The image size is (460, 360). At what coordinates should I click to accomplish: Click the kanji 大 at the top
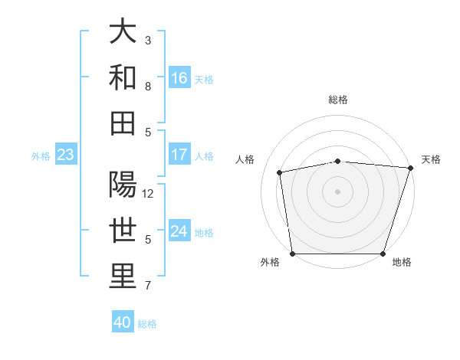tap(123, 32)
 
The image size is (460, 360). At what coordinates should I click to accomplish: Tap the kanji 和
tap(123, 78)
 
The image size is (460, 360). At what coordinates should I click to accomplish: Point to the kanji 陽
tap(123, 185)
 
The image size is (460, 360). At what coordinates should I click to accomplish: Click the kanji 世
tap(123, 231)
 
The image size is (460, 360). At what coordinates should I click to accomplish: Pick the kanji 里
tap(123, 277)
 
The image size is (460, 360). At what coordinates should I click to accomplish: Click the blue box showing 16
tap(179, 78)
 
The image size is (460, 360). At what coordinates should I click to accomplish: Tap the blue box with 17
tap(179, 155)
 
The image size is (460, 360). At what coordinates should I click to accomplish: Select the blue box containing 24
tap(179, 231)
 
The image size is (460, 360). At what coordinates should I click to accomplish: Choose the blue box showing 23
tap(65, 155)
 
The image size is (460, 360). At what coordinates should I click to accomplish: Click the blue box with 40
tap(123, 322)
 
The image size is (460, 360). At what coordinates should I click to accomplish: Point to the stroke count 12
tap(149, 193)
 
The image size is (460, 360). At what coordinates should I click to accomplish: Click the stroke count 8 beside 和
tap(148, 87)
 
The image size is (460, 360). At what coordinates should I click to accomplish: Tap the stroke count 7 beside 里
tap(148, 286)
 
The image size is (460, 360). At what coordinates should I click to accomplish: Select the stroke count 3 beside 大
tap(148, 39)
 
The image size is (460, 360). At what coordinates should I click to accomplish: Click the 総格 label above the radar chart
tap(337, 100)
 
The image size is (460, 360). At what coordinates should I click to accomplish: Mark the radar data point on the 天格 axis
tap(410, 168)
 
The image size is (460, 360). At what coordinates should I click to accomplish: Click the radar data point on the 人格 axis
tap(280, 172)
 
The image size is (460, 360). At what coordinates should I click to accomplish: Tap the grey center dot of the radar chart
tap(337, 191)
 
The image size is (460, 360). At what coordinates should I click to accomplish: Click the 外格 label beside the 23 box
tap(41, 156)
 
